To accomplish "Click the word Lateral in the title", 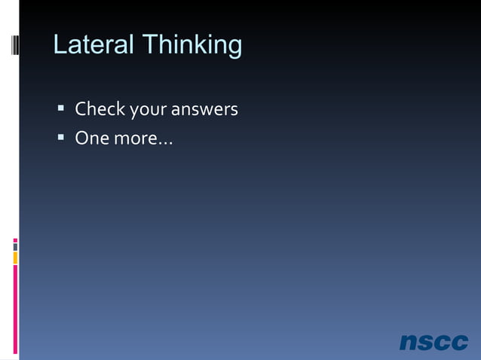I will [x=92, y=45].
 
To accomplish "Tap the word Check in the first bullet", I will [x=100, y=110].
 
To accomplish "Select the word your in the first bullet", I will [x=149, y=111].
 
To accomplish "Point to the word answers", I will [x=204, y=110].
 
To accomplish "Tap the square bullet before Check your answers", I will [x=60, y=110].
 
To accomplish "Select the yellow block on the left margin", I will [x=15, y=258].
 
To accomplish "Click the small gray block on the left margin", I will [x=15, y=246].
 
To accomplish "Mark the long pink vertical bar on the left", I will [x=15, y=310].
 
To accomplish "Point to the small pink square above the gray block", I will [x=15, y=240].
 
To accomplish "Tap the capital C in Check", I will [x=80, y=110].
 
